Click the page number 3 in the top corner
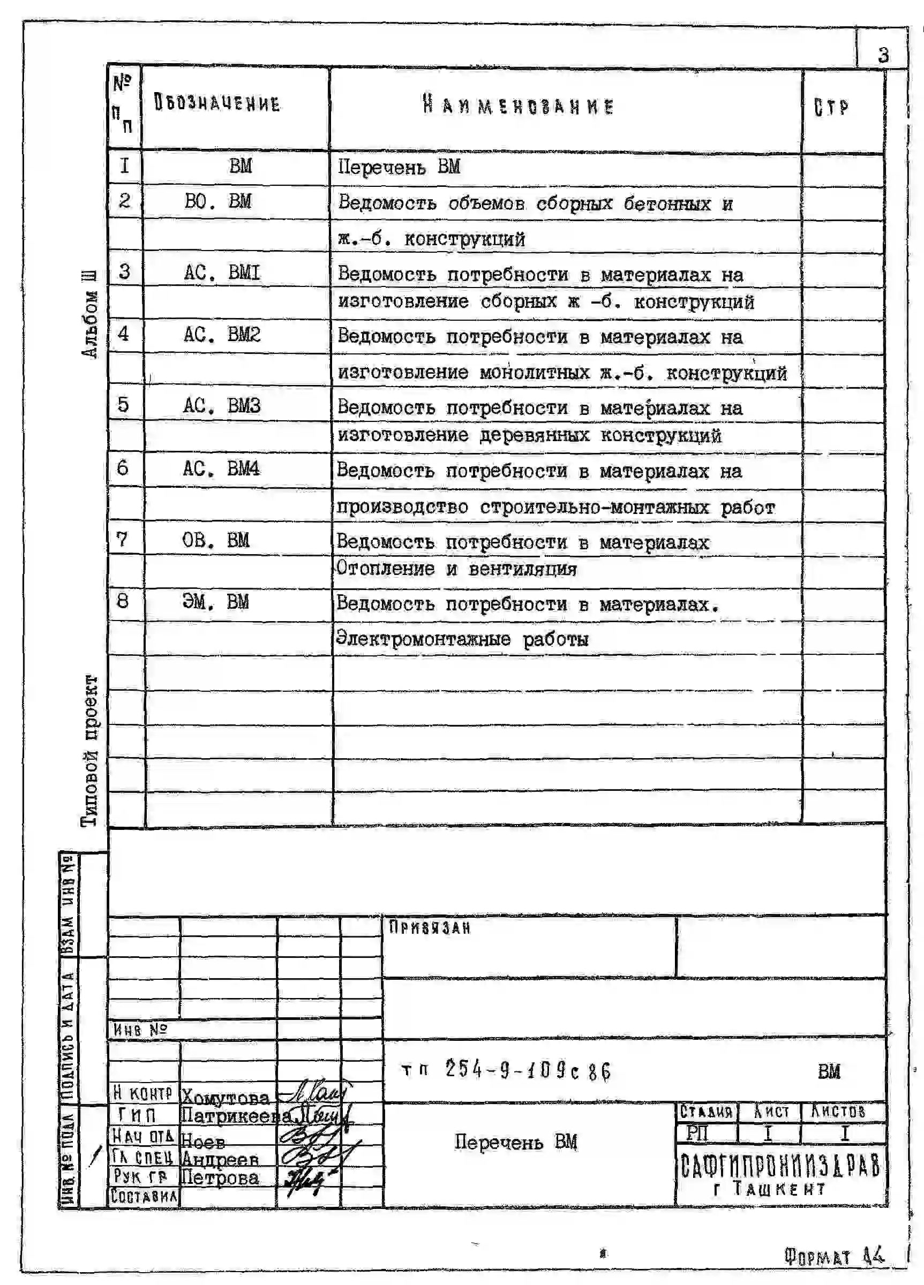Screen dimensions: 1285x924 pos(883,56)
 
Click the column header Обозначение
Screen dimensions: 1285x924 pos(217,104)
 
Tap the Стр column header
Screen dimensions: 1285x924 pos(831,108)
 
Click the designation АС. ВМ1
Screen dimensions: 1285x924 pos(222,273)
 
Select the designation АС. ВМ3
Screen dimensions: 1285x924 pos(221,405)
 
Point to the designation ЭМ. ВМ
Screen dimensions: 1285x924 pos(215,601)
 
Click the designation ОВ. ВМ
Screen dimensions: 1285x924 pos(215,540)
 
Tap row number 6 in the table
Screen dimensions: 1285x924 pos(123,468)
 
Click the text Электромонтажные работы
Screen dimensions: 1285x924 pos(462,639)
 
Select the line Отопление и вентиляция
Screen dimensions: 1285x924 pos(456,569)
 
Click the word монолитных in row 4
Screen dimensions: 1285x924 pos(535,373)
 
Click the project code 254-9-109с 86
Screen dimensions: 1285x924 pos(527,1070)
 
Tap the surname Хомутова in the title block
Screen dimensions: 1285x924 pos(225,1098)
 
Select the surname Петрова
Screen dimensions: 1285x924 pos(220,1178)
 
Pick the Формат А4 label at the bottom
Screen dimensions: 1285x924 pos(834,1257)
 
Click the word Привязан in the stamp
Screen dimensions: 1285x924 pos(430,928)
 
